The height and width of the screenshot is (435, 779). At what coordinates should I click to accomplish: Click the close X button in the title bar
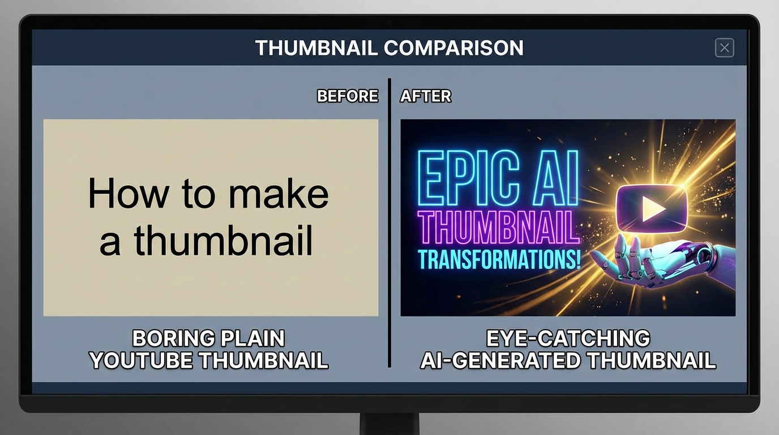tap(724, 48)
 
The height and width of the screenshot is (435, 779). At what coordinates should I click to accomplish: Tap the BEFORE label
tap(347, 96)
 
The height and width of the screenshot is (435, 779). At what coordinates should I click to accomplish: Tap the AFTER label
tap(426, 96)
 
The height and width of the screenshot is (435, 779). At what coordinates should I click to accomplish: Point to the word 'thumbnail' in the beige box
tap(223, 240)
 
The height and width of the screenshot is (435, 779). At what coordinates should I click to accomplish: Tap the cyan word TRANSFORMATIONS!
tap(499, 259)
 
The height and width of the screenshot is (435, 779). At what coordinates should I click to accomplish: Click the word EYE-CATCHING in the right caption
tap(568, 339)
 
